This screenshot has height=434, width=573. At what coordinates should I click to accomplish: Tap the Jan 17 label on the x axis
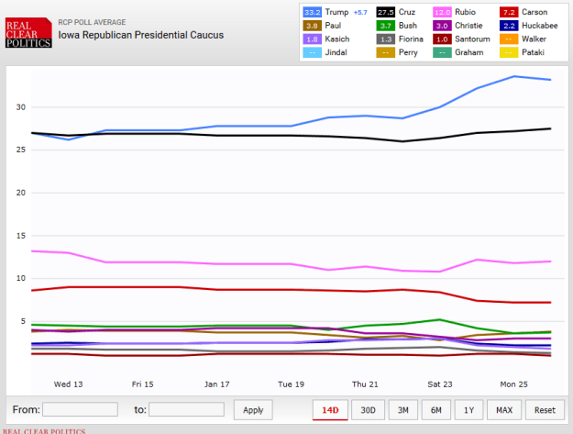217,384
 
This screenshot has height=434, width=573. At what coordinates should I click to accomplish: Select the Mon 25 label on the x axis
512,384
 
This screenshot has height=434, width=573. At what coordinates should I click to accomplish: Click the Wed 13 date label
68,384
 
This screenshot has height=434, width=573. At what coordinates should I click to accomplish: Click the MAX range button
503,410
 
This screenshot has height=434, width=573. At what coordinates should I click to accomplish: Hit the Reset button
545,410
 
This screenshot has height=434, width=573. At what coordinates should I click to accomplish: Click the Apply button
253,410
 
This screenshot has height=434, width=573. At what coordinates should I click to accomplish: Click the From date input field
80,410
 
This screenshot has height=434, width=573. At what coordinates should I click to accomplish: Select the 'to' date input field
186,410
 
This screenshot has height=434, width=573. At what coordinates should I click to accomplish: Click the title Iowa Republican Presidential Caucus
140,35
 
